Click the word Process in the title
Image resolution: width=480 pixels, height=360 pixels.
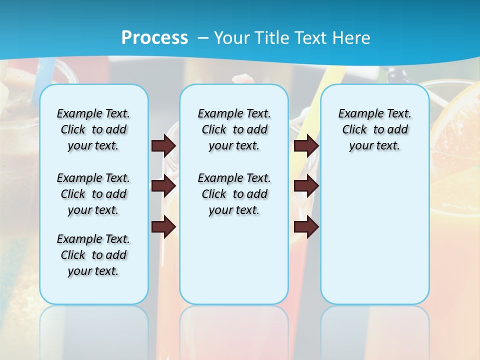coord(154,38)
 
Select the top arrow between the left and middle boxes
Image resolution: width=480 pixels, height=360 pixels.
coord(163,145)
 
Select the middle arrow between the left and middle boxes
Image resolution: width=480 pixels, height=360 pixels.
coord(163,186)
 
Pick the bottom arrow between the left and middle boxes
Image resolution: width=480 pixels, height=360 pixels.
coord(163,226)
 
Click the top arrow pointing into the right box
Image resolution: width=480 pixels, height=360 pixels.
coord(306,145)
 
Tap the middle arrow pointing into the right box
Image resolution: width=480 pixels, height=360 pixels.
coord(306,186)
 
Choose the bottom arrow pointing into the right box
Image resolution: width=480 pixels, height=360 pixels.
coord(306,226)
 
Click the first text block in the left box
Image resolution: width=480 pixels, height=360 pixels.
coord(93,129)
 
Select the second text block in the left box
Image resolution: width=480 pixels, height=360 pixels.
coord(93,194)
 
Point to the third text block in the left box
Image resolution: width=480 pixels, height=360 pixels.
coord(93,255)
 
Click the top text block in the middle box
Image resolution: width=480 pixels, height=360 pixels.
coord(234,129)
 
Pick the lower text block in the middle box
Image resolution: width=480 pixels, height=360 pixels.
coord(234,194)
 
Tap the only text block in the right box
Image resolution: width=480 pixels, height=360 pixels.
coord(374,129)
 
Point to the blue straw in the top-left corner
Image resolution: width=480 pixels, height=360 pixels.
coord(50,70)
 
